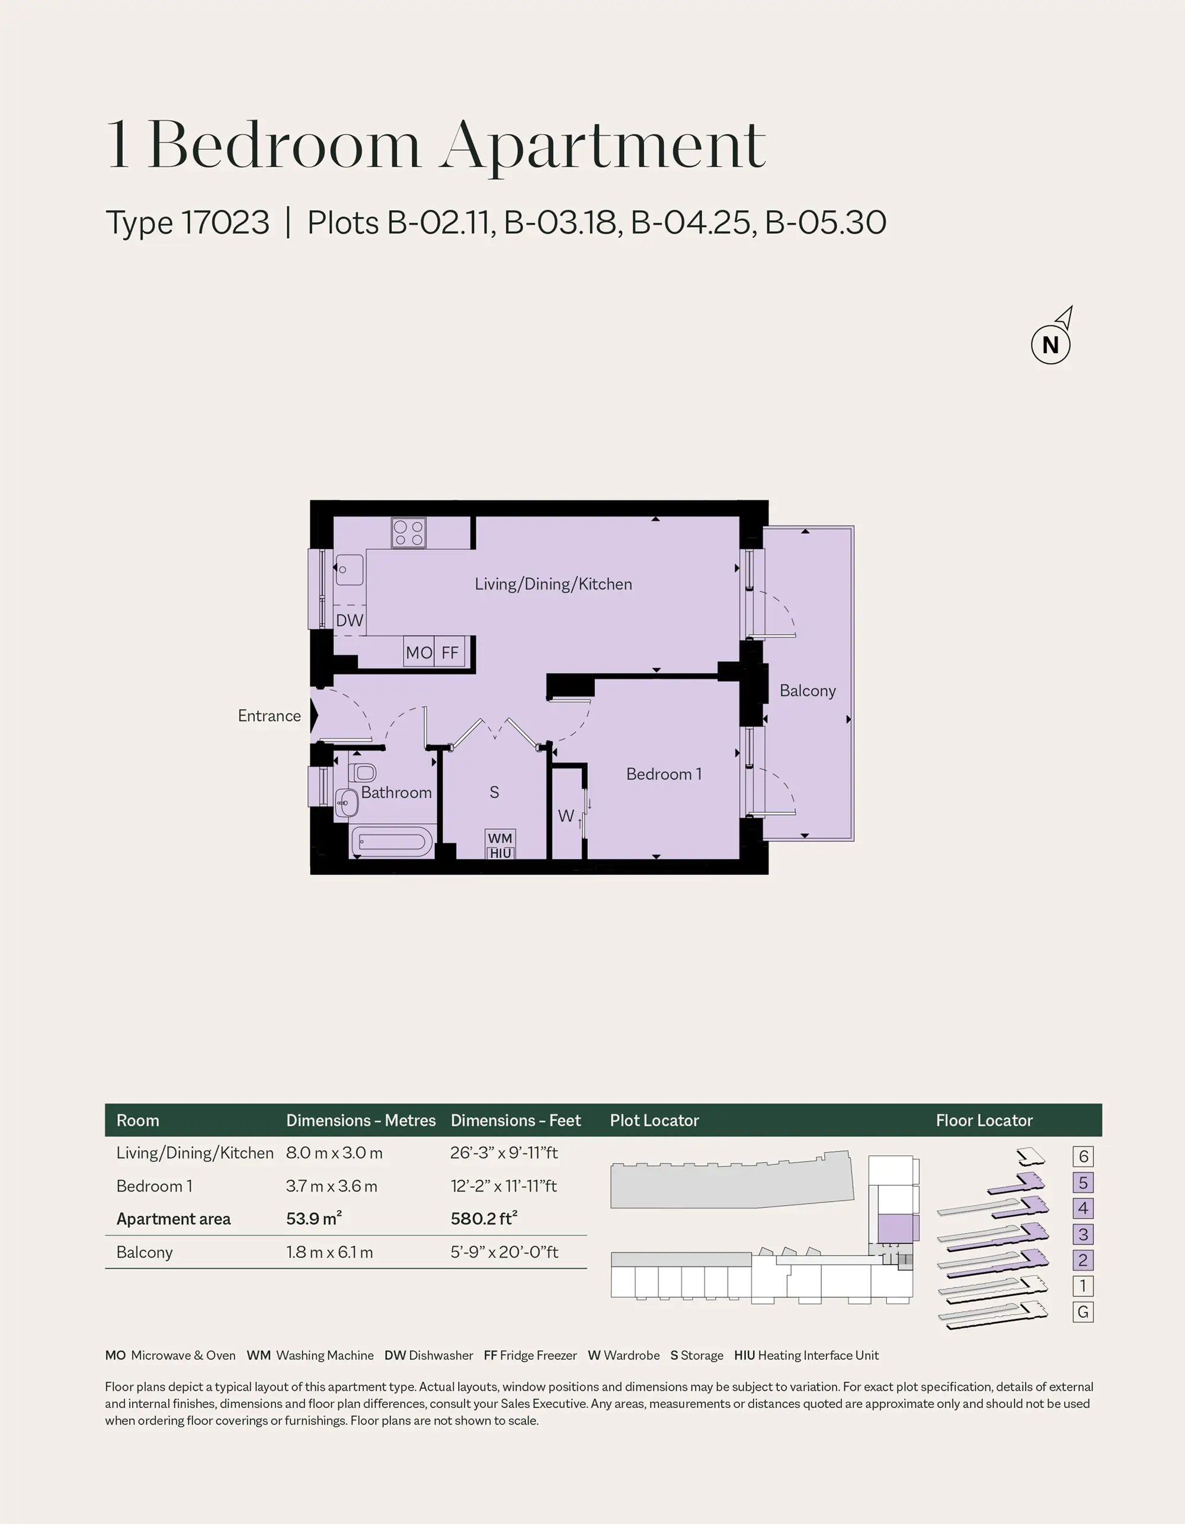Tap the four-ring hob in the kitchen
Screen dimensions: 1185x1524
point(408,533)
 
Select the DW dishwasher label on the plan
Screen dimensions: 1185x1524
point(350,620)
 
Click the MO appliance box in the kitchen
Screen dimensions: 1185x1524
point(419,652)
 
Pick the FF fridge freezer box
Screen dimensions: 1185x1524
point(450,652)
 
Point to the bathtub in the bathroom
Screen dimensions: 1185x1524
point(391,841)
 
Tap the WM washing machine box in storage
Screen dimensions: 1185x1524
point(499,838)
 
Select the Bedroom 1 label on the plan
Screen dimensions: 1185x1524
point(664,774)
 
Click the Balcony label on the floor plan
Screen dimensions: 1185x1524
point(808,690)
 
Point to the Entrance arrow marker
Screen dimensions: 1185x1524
point(314,716)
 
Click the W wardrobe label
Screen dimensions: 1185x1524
point(565,815)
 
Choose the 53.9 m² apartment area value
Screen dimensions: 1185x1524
point(314,1218)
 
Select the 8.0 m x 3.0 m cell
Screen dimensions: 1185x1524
point(334,1152)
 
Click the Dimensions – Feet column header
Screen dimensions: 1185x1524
point(515,1120)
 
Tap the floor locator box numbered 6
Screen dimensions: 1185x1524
point(1083,1156)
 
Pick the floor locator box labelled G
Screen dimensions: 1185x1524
point(1083,1312)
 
